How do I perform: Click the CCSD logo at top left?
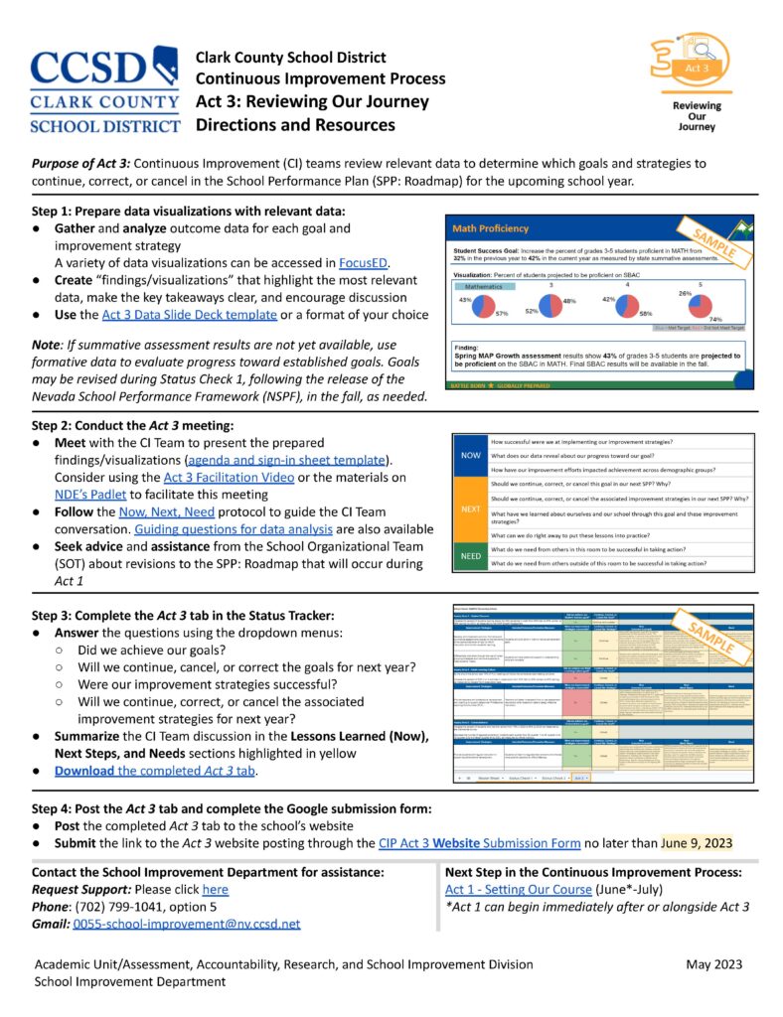pyautogui.click(x=104, y=89)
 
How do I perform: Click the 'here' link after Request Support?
pyautogui.click(x=216, y=890)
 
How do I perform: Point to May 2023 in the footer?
pyautogui.click(x=717, y=964)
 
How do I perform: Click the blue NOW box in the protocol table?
pyautogui.click(x=469, y=456)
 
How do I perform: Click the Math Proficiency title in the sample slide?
pyautogui.click(x=491, y=228)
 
